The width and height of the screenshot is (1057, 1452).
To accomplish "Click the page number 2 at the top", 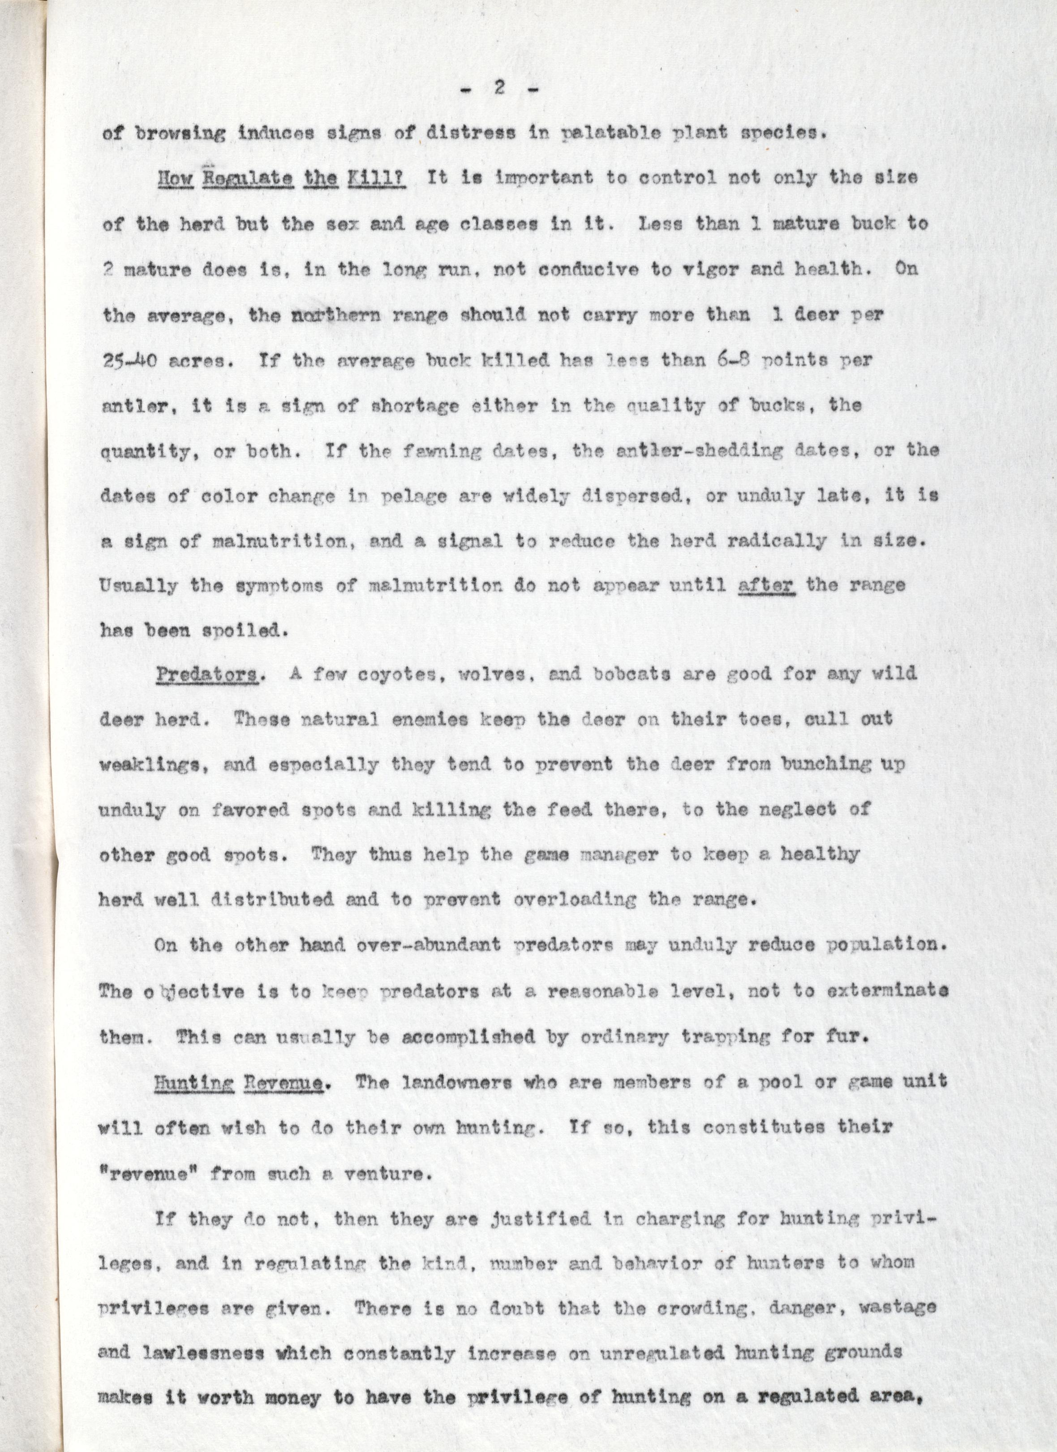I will point(500,89).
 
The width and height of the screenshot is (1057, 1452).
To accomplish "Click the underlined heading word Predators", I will point(206,675).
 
